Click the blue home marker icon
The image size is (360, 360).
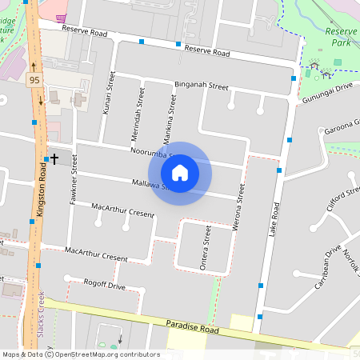click(x=179, y=173)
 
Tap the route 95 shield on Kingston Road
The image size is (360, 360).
click(x=34, y=80)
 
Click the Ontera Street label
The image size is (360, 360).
click(x=206, y=248)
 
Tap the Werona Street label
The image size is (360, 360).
click(x=238, y=210)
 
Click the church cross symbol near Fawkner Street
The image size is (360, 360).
click(x=54, y=159)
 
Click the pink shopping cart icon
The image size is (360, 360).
click(x=61, y=17)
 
